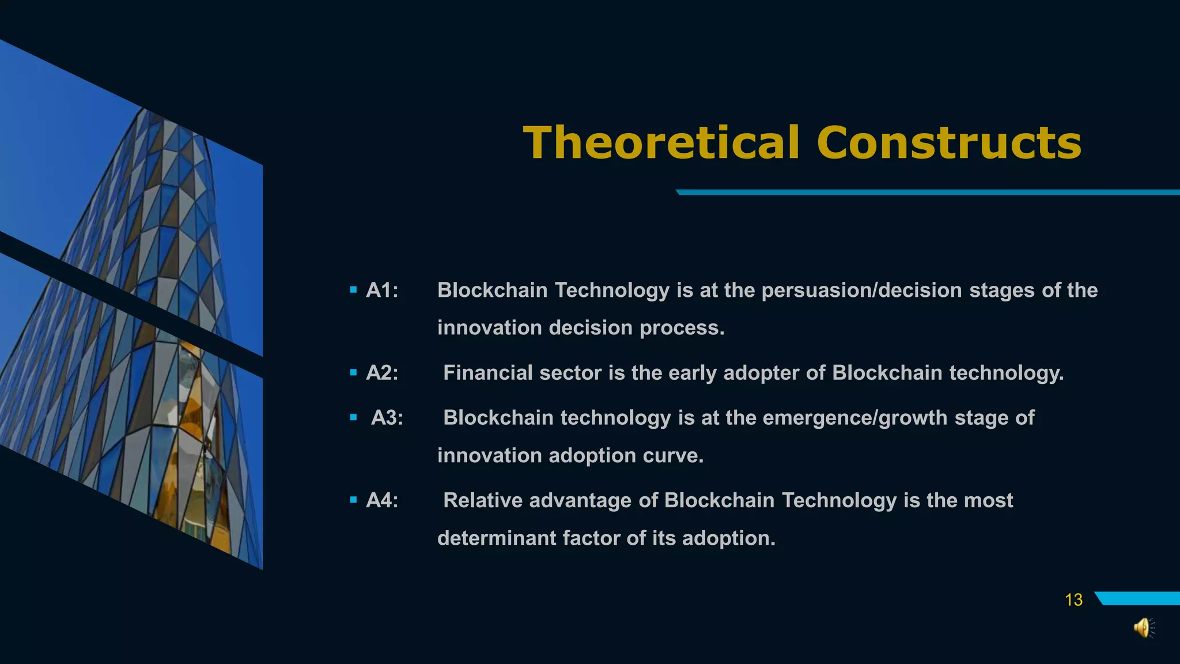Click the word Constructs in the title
pyautogui.click(x=949, y=143)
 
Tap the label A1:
pyautogui.click(x=382, y=290)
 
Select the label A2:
pyautogui.click(x=382, y=373)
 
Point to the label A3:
pyautogui.click(x=387, y=418)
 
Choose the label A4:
pyautogui.click(x=382, y=500)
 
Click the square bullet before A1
pyautogui.click(x=353, y=290)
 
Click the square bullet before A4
pyautogui.click(x=353, y=500)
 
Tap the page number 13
pyautogui.click(x=1073, y=600)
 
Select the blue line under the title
pyautogui.click(x=928, y=193)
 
